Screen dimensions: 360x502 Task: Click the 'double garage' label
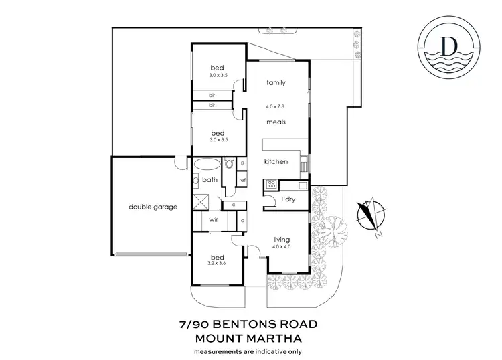[x=153, y=207]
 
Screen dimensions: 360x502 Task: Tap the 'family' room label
[x=276, y=83]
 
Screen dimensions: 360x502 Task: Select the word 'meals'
[x=276, y=122]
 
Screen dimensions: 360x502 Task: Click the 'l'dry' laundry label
[x=288, y=199]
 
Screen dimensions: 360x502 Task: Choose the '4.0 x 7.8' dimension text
[x=276, y=106]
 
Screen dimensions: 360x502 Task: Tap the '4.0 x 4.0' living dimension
[x=283, y=248]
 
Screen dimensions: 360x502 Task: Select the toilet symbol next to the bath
[x=229, y=163]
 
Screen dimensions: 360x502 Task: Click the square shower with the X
[x=201, y=202]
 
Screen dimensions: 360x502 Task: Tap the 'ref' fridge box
[x=242, y=181]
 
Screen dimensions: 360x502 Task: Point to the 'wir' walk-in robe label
[x=214, y=219]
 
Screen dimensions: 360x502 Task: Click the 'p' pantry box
[x=242, y=163]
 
